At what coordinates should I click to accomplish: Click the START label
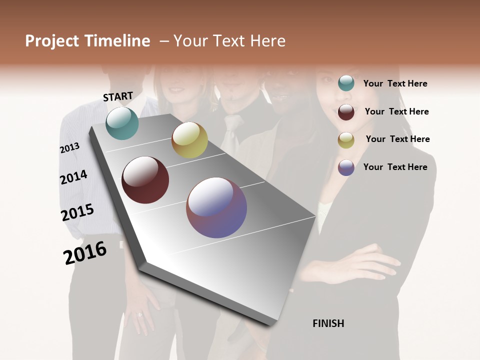[118, 96]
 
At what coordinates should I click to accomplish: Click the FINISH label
[328, 323]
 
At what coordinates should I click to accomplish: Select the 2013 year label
[69, 148]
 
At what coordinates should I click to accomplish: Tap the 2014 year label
[73, 177]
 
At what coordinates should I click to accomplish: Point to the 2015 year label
[77, 212]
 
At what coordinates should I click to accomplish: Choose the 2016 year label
[85, 253]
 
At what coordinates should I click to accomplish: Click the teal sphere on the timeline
[122, 123]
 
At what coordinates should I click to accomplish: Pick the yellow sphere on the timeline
[189, 140]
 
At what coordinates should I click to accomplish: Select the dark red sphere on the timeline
[145, 180]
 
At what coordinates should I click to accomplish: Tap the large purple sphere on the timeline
[216, 207]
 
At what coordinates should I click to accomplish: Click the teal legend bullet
[346, 83]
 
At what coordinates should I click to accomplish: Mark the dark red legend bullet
[346, 111]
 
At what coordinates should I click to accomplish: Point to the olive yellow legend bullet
[346, 139]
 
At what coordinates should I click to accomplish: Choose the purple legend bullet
[346, 167]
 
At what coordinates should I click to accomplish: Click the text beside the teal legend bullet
[395, 83]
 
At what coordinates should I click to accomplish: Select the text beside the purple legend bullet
[395, 167]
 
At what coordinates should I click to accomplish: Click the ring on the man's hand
[139, 315]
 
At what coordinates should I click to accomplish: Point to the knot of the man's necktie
[231, 121]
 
